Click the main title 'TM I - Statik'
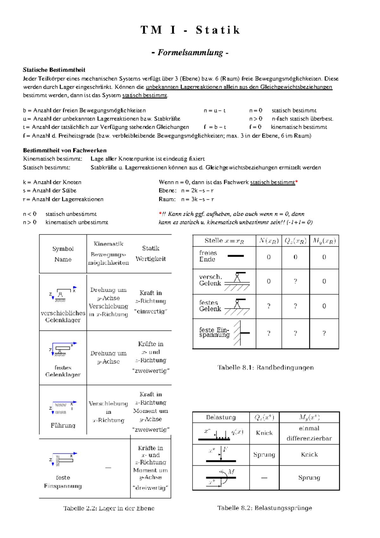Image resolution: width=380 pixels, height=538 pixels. (190, 30)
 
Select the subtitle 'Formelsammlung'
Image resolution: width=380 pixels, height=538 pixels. (190, 52)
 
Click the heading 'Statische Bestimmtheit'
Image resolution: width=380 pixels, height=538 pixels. (54, 70)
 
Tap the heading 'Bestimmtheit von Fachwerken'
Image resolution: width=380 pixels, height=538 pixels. (65, 150)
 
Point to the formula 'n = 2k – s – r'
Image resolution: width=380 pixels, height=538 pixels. (197, 190)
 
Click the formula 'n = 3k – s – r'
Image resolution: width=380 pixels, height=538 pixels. (197, 199)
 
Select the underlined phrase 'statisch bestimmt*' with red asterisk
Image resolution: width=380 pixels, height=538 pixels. (274, 182)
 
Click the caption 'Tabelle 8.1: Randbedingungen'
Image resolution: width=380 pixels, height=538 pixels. (265, 368)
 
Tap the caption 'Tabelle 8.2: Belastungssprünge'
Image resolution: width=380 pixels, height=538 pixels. (264, 508)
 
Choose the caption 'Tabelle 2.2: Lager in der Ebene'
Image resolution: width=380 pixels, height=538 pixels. (109, 508)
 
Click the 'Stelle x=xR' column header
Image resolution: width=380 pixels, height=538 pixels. (224, 241)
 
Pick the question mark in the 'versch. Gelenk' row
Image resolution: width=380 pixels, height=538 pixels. (295, 281)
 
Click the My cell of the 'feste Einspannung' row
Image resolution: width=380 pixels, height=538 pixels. (324, 333)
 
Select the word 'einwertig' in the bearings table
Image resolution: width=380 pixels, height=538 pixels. (150, 311)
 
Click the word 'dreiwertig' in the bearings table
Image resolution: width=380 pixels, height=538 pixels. (150, 488)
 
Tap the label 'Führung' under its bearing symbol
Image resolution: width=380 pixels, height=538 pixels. (63, 426)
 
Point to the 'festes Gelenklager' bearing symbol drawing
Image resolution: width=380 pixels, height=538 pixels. (63, 349)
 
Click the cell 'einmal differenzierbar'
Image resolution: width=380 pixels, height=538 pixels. (309, 433)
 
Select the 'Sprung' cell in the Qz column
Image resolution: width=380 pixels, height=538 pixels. (264, 455)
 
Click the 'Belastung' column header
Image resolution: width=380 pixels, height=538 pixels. (221, 417)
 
